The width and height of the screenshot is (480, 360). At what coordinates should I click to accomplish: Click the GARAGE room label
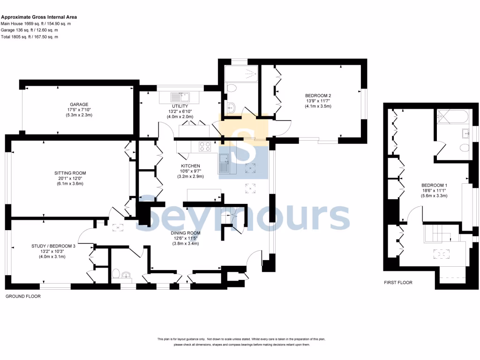(x=79, y=105)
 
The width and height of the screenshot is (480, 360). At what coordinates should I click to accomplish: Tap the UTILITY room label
(x=180, y=106)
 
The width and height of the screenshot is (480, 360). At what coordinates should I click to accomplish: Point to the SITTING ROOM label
(x=70, y=173)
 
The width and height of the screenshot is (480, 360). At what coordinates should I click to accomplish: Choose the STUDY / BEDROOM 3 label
(x=53, y=246)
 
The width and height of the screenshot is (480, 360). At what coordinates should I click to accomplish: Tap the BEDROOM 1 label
(x=434, y=185)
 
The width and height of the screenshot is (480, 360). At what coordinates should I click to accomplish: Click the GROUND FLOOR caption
(x=22, y=297)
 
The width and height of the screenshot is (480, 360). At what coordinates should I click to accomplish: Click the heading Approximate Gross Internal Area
(x=38, y=16)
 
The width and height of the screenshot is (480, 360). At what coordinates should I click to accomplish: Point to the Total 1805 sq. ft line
(x=29, y=37)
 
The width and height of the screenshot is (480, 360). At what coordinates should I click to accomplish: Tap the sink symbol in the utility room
(x=180, y=97)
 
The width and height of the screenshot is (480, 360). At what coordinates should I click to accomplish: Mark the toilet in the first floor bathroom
(x=465, y=148)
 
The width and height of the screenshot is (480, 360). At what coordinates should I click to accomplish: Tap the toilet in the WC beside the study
(x=117, y=273)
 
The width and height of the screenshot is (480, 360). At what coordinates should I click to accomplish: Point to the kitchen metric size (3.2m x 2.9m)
(x=191, y=177)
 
